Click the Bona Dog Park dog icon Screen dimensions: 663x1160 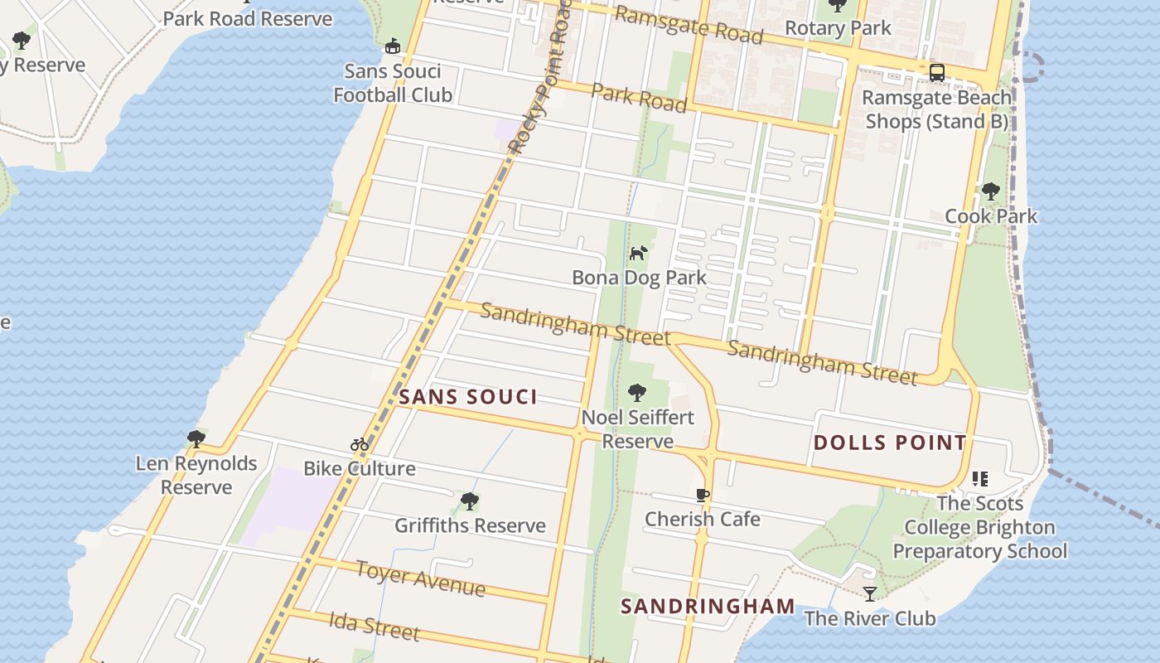click(x=637, y=253)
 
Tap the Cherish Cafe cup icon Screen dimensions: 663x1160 click(x=703, y=496)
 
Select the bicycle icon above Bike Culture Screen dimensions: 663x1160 click(x=359, y=444)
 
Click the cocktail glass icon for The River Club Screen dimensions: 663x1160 click(x=869, y=593)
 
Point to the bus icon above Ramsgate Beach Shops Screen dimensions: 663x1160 click(x=937, y=73)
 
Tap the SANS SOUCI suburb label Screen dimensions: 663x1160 click(x=468, y=397)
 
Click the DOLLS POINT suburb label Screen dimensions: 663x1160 click(x=890, y=443)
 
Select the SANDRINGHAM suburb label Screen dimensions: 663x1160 click(x=708, y=607)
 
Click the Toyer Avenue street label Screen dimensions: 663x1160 click(x=420, y=578)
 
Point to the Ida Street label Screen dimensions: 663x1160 click(x=374, y=626)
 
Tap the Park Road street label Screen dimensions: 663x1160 click(x=639, y=97)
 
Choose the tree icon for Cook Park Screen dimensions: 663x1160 click(x=990, y=192)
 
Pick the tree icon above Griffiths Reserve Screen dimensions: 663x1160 click(x=470, y=501)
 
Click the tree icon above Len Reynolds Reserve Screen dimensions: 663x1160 click(x=196, y=438)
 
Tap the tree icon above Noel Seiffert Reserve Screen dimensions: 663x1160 click(x=636, y=393)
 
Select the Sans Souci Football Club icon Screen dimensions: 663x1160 click(x=393, y=46)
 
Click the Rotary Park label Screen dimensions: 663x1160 click(x=838, y=28)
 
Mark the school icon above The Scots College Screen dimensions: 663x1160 click(x=980, y=479)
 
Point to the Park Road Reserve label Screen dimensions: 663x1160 click(x=248, y=18)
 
